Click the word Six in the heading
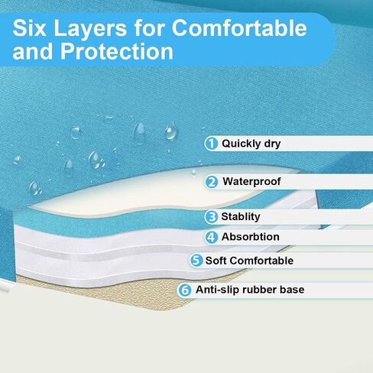(29, 28)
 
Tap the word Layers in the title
(90, 28)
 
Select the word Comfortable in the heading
(239, 28)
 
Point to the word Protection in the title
(117, 51)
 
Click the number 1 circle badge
(211, 144)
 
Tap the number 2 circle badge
(212, 182)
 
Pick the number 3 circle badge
(211, 217)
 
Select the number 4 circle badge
(211, 237)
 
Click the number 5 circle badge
(196, 261)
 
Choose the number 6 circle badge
(184, 290)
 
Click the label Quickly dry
(251, 144)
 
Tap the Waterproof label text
(251, 182)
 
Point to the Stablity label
(241, 217)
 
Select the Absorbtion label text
(251, 237)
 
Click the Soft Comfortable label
(249, 261)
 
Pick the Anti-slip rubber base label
(250, 290)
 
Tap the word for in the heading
(149, 28)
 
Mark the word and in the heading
(32, 51)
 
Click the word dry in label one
(272, 144)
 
